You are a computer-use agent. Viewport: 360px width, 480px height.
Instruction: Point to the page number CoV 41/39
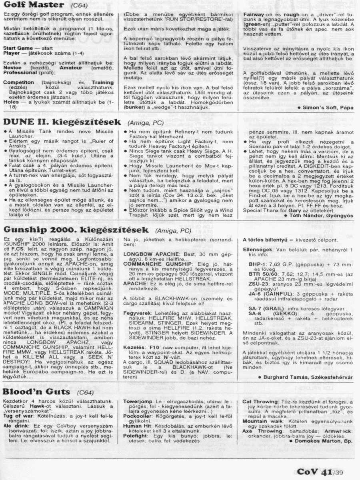[320, 472]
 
